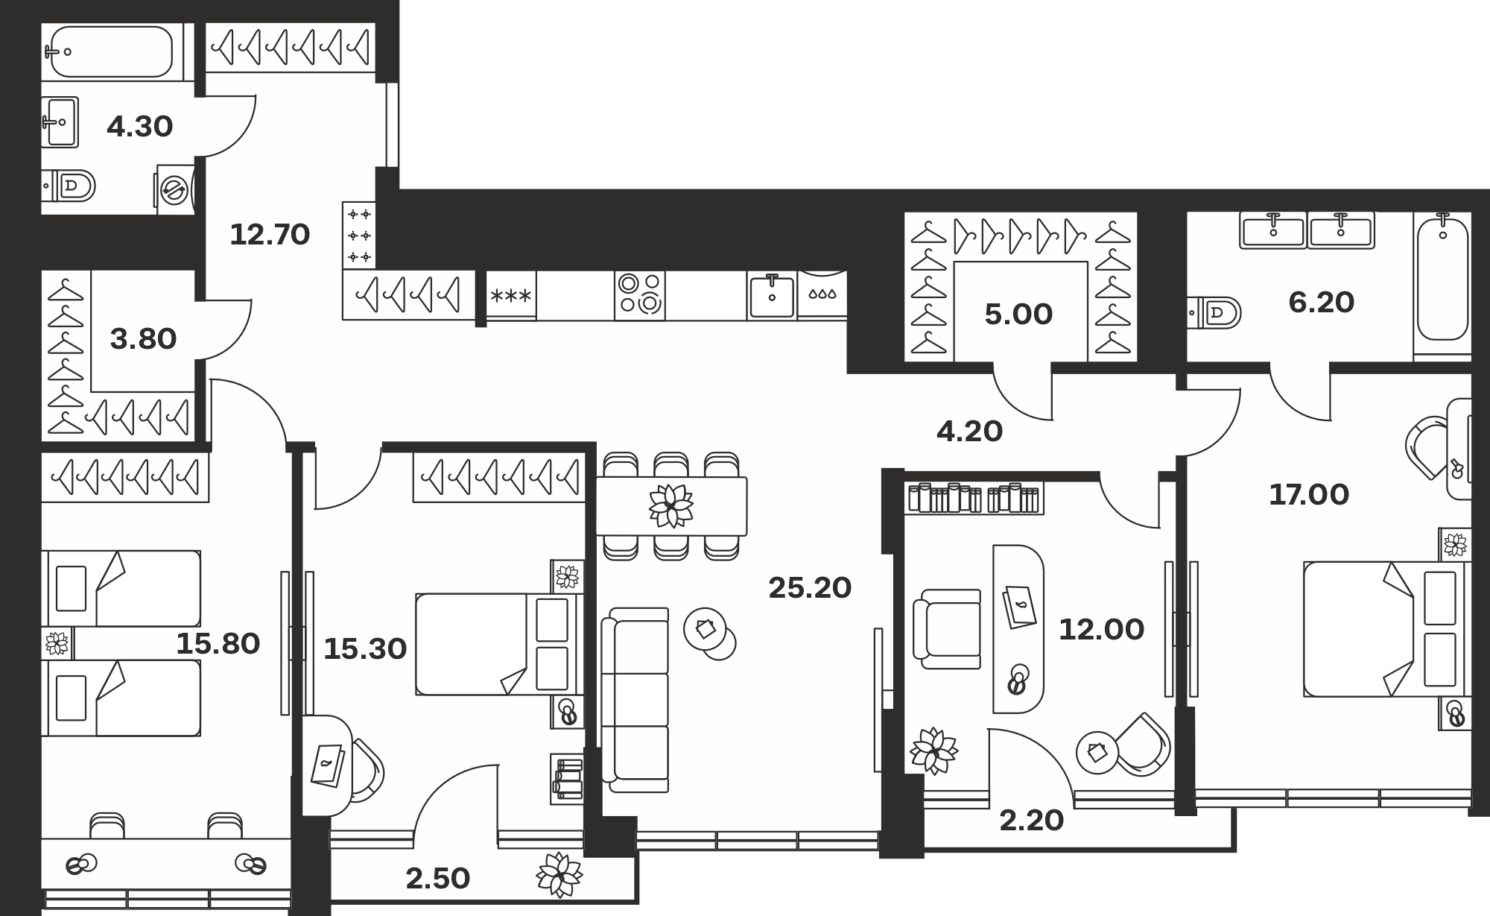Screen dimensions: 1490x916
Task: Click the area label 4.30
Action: coord(139,127)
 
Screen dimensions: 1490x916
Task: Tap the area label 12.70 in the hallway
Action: coord(270,235)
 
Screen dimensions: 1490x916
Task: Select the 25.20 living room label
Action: coord(810,588)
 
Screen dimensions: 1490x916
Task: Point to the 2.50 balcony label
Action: coord(438,879)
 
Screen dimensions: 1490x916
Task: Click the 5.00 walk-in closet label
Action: coord(1018,315)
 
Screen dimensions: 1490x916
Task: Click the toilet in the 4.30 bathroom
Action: coord(69,186)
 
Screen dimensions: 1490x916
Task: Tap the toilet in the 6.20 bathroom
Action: coord(1215,313)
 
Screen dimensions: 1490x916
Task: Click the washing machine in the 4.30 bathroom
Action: coord(176,190)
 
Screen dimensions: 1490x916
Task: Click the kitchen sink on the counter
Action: coord(772,294)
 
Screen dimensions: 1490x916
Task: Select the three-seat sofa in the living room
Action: coord(635,700)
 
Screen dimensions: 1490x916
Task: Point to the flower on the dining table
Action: coord(671,506)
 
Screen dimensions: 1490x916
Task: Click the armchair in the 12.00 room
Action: coord(948,629)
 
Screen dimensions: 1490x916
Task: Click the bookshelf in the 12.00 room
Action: coord(974,498)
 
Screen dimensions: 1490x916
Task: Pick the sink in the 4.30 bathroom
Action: coord(60,122)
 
